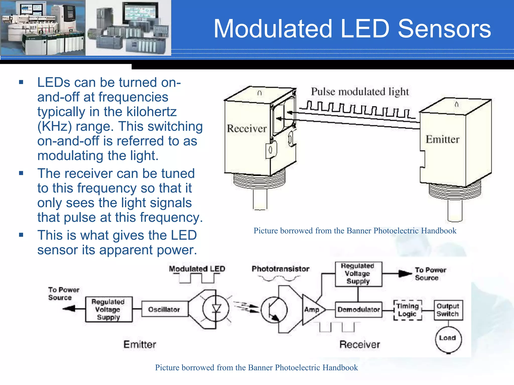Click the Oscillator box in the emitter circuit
(164, 309)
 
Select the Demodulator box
(358, 310)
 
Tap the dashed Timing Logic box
(408, 310)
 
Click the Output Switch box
(448, 310)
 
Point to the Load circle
(448, 338)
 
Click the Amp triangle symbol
(312, 310)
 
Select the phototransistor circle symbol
(274, 310)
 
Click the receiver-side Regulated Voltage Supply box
(358, 274)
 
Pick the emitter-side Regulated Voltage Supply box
(108, 309)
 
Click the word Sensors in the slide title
(444, 29)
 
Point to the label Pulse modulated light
(360, 92)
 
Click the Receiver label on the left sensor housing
(247, 129)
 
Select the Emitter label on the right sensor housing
(442, 139)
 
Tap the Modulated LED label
(197, 269)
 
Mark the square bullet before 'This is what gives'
(21, 235)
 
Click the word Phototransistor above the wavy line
(280, 269)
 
